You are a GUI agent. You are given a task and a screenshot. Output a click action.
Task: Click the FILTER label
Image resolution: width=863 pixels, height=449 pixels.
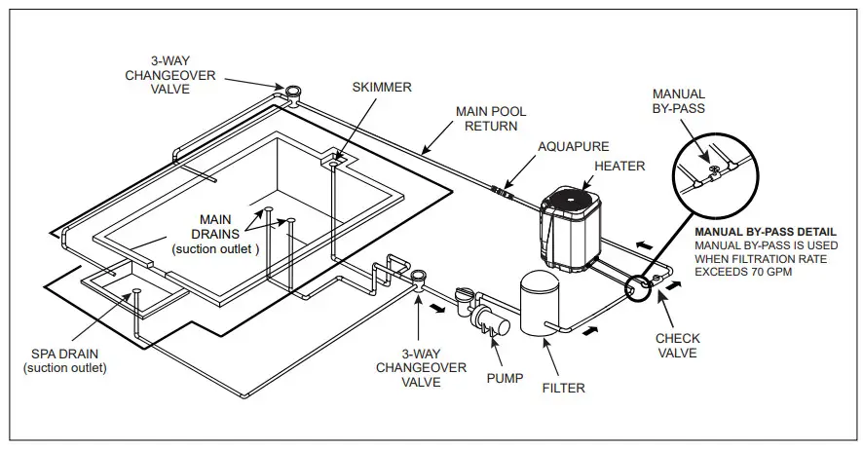pos(564,388)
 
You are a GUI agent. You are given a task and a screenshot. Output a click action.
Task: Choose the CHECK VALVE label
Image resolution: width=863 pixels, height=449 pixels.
pos(677,345)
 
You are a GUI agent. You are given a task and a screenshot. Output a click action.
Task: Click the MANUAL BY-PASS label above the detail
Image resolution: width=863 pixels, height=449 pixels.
pos(678,101)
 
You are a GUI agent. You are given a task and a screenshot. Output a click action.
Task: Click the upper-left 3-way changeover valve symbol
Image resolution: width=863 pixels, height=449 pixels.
pos(292,94)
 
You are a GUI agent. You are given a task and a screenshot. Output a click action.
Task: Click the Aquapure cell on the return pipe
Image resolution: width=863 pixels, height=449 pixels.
pos(503,191)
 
